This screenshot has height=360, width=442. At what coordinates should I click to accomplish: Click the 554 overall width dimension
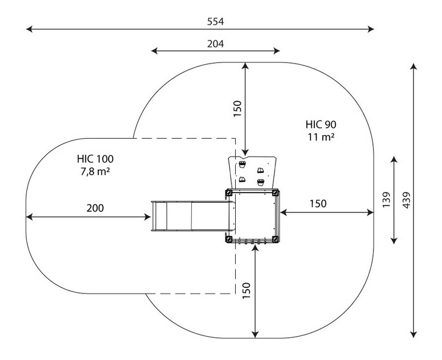[x=215, y=21]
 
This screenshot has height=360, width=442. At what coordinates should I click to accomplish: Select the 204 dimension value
[x=215, y=43]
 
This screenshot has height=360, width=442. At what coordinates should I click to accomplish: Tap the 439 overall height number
[x=407, y=200]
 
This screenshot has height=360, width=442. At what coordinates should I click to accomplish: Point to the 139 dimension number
[x=386, y=200]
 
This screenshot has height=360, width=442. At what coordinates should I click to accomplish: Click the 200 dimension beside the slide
[x=95, y=208]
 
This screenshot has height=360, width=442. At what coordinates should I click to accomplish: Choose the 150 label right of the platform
[x=318, y=204]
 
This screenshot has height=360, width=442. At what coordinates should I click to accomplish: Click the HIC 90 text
[x=321, y=125]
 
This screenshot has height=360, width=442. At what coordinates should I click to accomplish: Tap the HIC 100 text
[x=95, y=159]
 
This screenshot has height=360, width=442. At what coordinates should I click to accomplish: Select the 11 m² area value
[x=321, y=137]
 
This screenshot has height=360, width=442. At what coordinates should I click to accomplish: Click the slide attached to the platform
[x=191, y=216]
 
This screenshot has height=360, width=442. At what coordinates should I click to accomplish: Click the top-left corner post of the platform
[x=228, y=193]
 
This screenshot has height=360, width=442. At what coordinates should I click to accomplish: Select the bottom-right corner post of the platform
[x=275, y=239]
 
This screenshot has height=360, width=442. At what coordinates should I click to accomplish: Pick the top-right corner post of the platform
[x=276, y=193]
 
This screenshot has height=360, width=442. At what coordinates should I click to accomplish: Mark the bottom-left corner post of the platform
[x=228, y=239]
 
